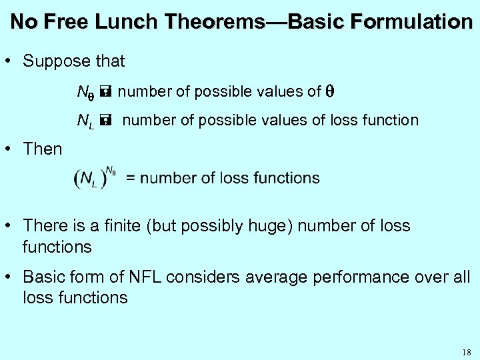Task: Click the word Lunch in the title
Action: pos(124,22)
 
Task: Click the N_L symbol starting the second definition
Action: pos(85,121)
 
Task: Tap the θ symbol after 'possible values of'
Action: pos(329,91)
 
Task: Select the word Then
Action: pos(42,149)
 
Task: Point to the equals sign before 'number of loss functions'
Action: pos(131,179)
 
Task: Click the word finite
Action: pos(139,226)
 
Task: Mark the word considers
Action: pos(201,277)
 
